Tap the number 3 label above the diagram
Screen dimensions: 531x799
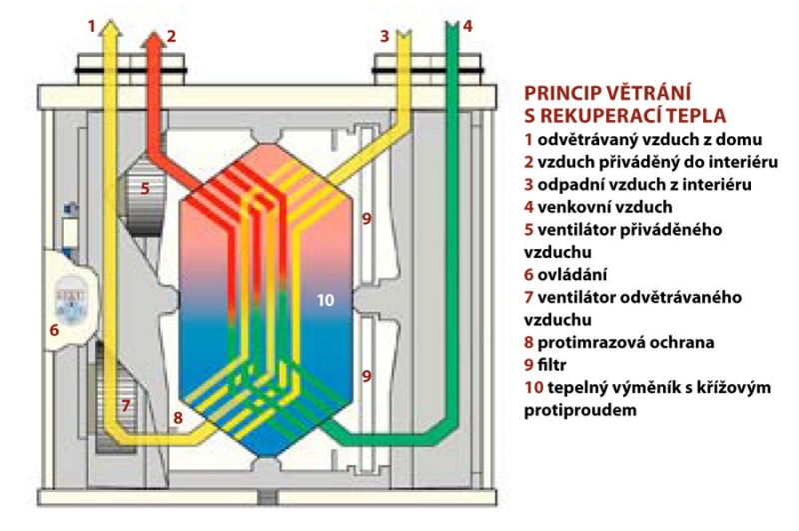pyautogui.click(x=384, y=36)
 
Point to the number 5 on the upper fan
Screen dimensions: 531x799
pyautogui.click(x=145, y=187)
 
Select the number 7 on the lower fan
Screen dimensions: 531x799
pyautogui.click(x=126, y=405)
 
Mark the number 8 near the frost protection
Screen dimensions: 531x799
pyautogui.click(x=177, y=419)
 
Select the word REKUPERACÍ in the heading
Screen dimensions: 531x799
pyautogui.click(x=616, y=115)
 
